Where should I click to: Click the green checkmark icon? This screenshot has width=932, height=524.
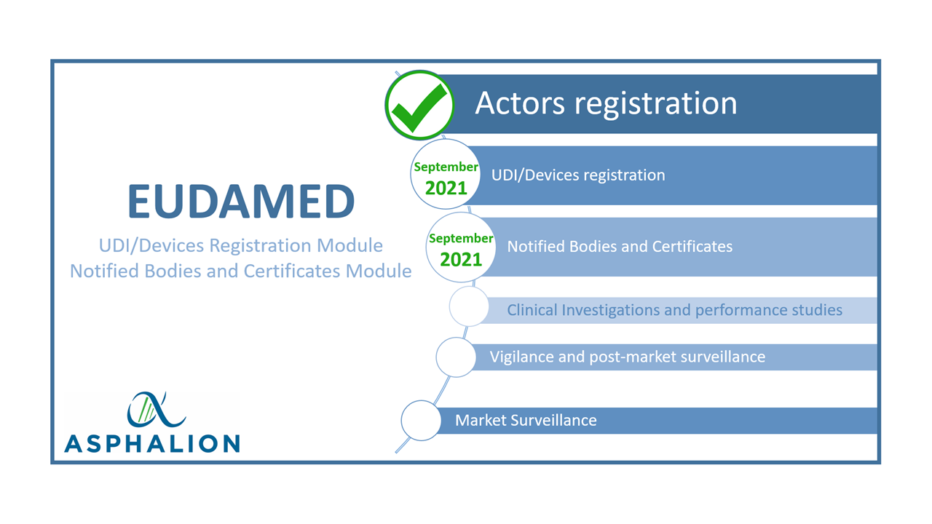click(420, 107)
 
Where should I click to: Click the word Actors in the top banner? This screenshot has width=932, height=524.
click(520, 103)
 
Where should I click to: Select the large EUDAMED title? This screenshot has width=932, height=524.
click(241, 202)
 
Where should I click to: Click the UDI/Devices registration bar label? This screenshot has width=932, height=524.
click(578, 175)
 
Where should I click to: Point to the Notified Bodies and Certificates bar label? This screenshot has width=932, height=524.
click(620, 246)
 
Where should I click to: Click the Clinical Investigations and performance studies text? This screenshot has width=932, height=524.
click(674, 310)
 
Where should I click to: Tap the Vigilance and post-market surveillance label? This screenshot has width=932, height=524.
click(627, 357)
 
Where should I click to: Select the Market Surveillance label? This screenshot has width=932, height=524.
click(526, 420)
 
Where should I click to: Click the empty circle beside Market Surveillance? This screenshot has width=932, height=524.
click(421, 421)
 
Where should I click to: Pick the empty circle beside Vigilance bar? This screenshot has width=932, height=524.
click(456, 357)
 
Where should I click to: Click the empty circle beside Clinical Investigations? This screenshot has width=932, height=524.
click(470, 306)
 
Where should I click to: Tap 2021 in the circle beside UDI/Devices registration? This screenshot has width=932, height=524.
click(446, 188)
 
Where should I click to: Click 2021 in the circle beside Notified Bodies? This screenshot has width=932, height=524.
click(461, 260)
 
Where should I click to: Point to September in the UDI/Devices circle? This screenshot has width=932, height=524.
click(446, 167)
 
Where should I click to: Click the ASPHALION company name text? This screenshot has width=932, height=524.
click(152, 443)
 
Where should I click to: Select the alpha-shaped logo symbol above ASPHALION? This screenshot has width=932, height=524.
click(156, 409)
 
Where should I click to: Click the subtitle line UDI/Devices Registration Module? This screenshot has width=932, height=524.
click(240, 246)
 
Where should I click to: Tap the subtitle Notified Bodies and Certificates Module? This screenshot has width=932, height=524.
click(240, 271)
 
